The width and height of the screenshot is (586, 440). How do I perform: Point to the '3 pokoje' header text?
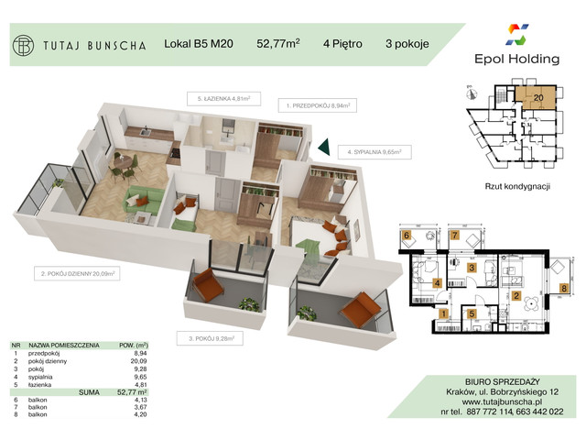click(x=408, y=42)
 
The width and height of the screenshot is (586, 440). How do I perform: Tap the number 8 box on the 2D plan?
click(x=564, y=288)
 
